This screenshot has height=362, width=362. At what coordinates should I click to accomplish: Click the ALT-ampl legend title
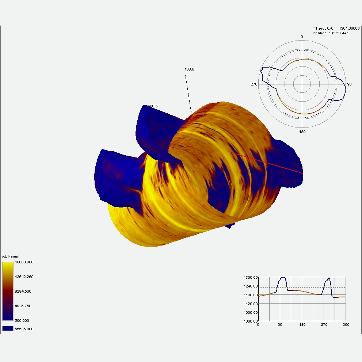[10, 257]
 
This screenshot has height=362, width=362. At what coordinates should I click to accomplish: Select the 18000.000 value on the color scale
[24, 262]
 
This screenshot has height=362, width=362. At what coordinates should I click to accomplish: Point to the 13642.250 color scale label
[24, 277]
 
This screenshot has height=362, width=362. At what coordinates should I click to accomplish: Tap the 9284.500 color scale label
[23, 291]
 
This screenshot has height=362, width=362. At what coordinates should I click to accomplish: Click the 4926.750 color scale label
[23, 306]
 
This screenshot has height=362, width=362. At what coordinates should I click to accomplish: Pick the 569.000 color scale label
[22, 320]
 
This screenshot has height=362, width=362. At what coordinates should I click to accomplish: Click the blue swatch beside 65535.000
[8, 329]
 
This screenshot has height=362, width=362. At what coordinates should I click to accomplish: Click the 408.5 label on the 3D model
[152, 106]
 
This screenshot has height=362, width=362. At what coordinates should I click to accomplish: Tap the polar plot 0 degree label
[302, 37]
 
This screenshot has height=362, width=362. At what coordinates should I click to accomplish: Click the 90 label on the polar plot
[349, 84]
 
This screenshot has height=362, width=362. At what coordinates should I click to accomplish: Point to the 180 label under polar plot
[302, 132]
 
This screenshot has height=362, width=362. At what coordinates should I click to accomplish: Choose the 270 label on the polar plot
[254, 84]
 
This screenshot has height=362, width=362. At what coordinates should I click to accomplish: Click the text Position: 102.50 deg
[330, 33]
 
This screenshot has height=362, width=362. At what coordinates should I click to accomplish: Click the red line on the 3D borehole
[267, 163]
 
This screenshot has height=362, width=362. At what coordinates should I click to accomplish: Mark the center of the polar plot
[302, 84]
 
